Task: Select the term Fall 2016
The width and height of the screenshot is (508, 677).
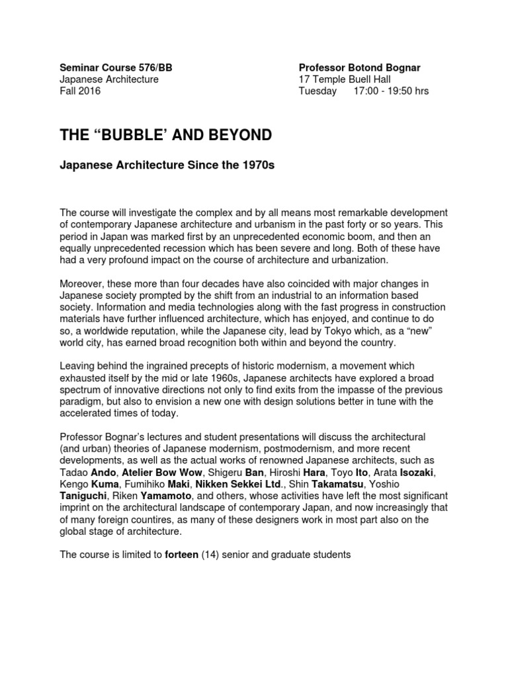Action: click(x=80, y=91)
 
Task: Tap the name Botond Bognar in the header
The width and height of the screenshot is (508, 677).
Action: click(x=386, y=67)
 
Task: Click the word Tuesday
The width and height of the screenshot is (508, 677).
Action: click(x=317, y=91)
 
